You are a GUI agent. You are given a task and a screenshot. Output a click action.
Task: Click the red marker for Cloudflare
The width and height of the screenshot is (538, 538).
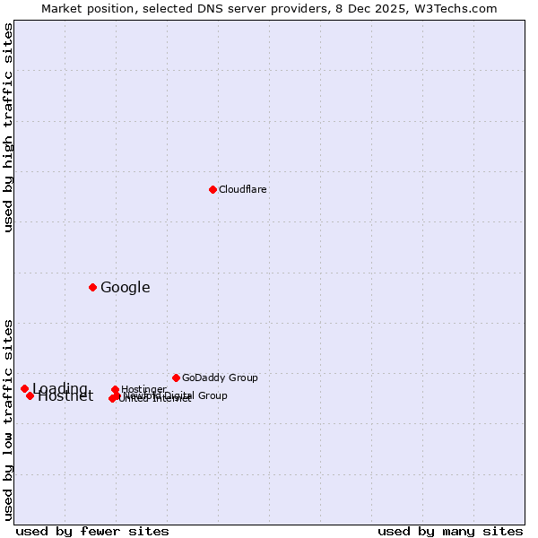(213, 189)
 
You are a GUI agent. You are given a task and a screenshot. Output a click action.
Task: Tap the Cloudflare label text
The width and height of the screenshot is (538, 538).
(243, 189)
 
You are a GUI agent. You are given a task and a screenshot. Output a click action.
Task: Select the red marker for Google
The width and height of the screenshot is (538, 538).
(92, 287)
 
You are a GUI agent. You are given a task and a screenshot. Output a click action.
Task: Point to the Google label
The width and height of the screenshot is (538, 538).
(126, 287)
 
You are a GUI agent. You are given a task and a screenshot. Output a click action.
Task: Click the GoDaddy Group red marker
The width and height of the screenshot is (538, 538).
(176, 377)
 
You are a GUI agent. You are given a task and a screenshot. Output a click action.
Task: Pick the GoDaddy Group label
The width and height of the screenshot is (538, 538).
(220, 377)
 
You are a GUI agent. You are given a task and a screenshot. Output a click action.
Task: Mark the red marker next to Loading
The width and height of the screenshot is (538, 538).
(24, 388)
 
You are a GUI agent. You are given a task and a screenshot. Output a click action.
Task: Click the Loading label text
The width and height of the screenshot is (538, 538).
(60, 388)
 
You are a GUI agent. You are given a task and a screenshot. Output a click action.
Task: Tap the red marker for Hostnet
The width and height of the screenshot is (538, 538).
(30, 395)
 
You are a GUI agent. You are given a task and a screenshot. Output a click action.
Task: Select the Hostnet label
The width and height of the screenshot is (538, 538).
(65, 396)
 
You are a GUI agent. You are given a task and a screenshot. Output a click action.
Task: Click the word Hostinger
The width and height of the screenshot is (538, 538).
(143, 389)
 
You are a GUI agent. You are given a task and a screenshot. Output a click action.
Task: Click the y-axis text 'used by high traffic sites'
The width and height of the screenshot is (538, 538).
(9, 127)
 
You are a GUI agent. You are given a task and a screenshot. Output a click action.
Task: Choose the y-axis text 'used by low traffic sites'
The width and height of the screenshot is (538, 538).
(9, 419)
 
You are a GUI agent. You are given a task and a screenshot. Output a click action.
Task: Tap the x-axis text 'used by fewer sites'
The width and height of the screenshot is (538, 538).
(92, 531)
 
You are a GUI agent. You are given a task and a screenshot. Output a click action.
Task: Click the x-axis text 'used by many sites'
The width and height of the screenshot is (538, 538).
(450, 531)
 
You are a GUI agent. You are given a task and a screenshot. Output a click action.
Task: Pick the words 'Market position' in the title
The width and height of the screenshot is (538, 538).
(82, 8)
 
